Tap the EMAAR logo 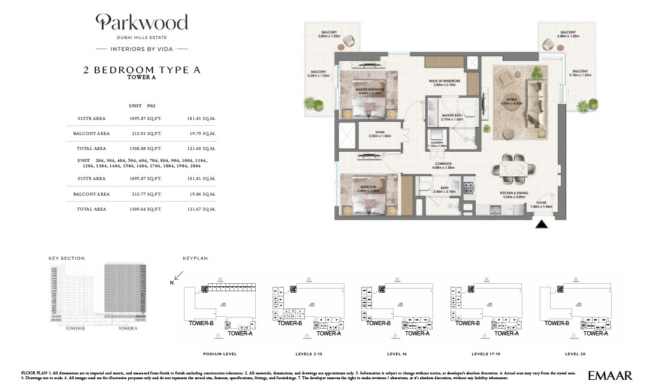pyautogui.click(x=610, y=376)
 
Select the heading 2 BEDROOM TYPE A pyautogui.click(x=142, y=70)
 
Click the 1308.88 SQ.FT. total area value pyautogui.click(x=146, y=148)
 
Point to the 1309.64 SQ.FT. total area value pyautogui.click(x=146, y=209)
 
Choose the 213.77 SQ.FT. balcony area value pyautogui.click(x=146, y=194)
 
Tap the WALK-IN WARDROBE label pyautogui.click(x=444, y=82)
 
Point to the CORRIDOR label pyautogui.click(x=443, y=165)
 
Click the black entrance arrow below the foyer pyautogui.click(x=542, y=225)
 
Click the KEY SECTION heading pyautogui.click(x=66, y=259)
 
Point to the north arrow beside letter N pyautogui.click(x=179, y=277)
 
